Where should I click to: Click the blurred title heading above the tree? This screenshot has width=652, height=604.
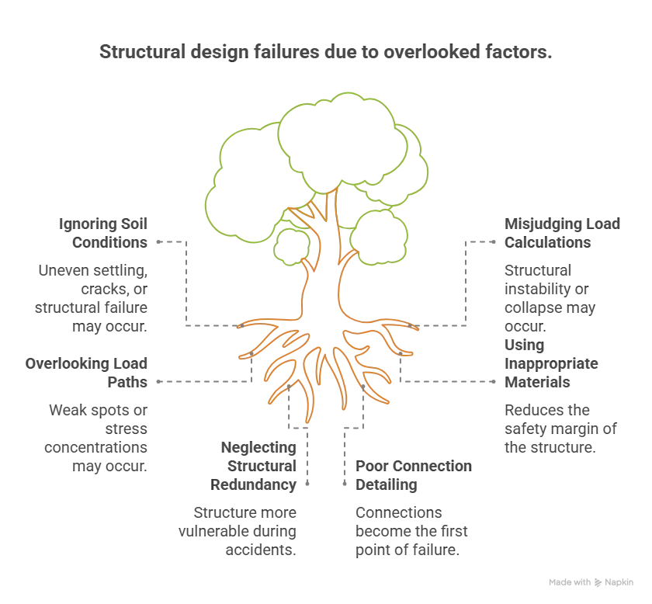pyautogui.click(x=325, y=53)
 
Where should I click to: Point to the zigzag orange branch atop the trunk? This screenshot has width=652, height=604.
pyautogui.click(x=310, y=211)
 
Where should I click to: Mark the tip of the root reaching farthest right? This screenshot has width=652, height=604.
pyautogui.click(x=420, y=330)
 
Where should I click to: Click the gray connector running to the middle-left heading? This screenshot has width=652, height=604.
pyautogui.click(x=202, y=382)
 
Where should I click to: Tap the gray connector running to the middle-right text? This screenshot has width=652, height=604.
pyautogui.click(x=450, y=381)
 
